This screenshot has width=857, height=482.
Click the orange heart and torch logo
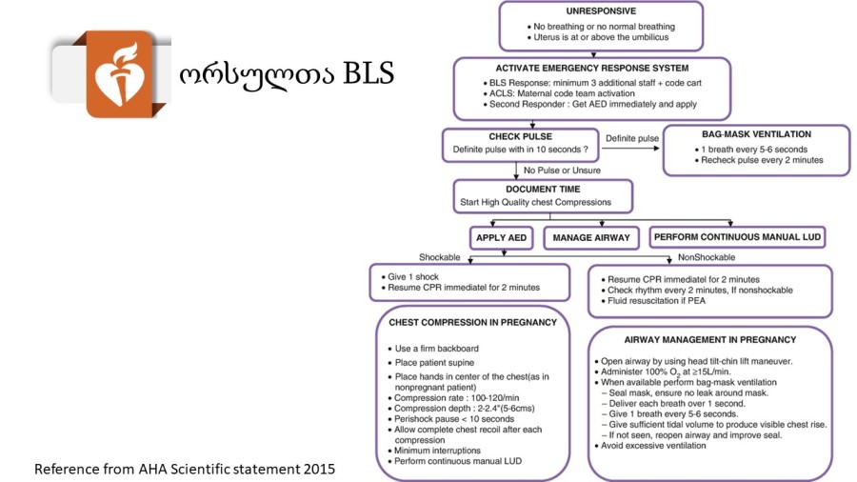coord(119,73)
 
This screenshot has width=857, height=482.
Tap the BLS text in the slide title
coord(368,73)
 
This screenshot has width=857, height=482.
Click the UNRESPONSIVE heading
coord(601,10)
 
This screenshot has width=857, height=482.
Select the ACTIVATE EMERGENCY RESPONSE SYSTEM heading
coord(592,69)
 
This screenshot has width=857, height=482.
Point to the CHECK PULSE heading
coord(520,136)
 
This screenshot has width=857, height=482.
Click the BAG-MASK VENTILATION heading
coord(756,134)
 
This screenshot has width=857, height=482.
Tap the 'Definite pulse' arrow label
coord(632,139)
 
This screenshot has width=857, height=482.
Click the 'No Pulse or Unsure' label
coord(562,171)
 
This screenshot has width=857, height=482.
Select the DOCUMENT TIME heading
coord(543,189)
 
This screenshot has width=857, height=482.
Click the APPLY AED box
coord(501,238)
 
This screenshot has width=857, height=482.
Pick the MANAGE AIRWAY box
coord(591,238)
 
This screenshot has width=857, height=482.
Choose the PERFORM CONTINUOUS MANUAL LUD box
coord(737,237)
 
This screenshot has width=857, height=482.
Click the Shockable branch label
coord(439,257)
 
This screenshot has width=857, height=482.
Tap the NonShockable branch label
coord(707,257)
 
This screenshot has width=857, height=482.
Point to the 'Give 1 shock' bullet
coord(409,277)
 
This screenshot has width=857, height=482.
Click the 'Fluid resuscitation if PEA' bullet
coord(652,301)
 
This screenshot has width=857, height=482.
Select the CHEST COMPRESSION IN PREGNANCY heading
coord(472,322)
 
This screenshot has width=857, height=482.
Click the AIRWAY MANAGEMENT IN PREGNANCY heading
coord(710,340)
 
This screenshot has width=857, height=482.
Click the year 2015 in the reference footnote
coord(319,469)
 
